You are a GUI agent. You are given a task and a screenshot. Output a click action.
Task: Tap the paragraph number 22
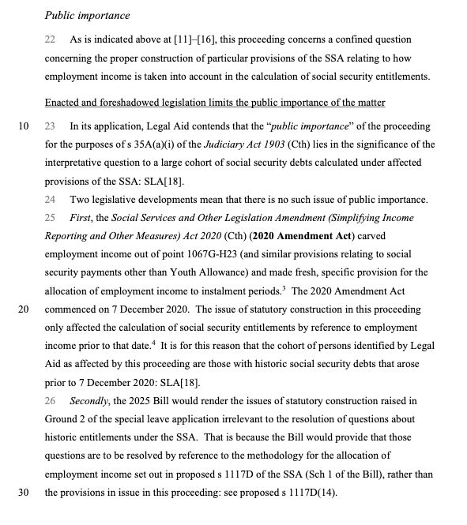[x=50, y=39]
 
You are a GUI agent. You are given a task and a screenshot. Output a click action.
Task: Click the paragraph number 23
[x=50, y=126]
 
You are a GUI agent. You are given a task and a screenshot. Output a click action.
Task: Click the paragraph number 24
[x=50, y=199]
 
